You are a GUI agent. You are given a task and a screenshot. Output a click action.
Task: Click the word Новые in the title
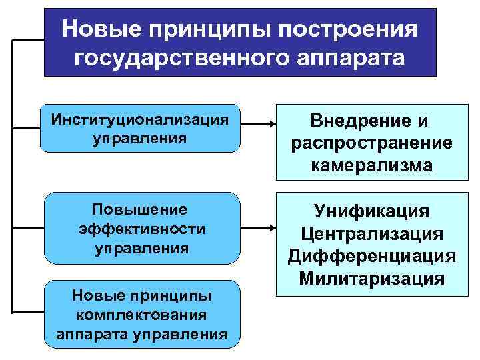tap(100, 29)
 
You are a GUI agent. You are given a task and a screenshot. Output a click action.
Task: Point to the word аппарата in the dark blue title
tap(356, 58)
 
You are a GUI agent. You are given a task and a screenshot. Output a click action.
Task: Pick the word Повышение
tap(141, 208)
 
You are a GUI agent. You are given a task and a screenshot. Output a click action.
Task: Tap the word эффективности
tap(141, 228)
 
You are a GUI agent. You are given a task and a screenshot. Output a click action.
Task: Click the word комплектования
tap(141, 313)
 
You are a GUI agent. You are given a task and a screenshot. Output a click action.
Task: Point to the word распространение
tap(372, 143)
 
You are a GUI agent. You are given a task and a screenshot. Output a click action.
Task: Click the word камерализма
tap(372, 165)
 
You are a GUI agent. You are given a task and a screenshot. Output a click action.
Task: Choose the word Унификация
tap(372, 211)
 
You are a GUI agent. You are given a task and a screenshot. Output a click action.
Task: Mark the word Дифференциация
tap(372, 256)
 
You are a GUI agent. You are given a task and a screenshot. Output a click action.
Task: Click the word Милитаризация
tap(372, 278)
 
